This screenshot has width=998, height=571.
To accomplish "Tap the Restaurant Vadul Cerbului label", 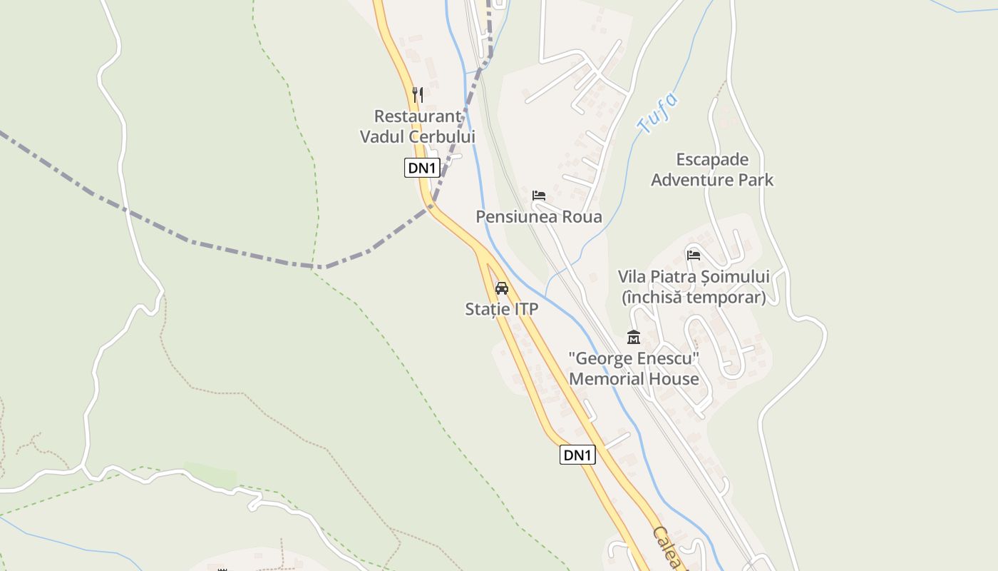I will [418, 126].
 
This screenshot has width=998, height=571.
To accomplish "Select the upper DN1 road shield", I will [421, 168].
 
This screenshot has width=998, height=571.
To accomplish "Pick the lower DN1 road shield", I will [577, 455].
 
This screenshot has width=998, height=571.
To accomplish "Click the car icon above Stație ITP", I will [502, 288].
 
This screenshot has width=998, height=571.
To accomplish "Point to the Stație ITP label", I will [501, 309].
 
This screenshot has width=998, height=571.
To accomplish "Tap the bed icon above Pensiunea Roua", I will [539, 195].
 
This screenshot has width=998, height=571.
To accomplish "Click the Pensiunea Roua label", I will [539, 216].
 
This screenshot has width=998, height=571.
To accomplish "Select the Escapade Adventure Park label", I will [711, 169].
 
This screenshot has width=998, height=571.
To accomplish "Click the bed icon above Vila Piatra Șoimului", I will [693, 255].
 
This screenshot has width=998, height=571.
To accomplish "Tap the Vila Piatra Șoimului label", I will [693, 276].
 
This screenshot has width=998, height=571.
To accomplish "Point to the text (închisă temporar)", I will [693, 297].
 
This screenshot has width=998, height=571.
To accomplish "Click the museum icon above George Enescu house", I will [633, 337].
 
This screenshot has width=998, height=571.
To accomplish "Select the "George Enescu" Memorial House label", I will [633, 368].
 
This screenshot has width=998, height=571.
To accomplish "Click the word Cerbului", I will [442, 136].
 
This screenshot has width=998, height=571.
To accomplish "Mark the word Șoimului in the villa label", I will [734, 276].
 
